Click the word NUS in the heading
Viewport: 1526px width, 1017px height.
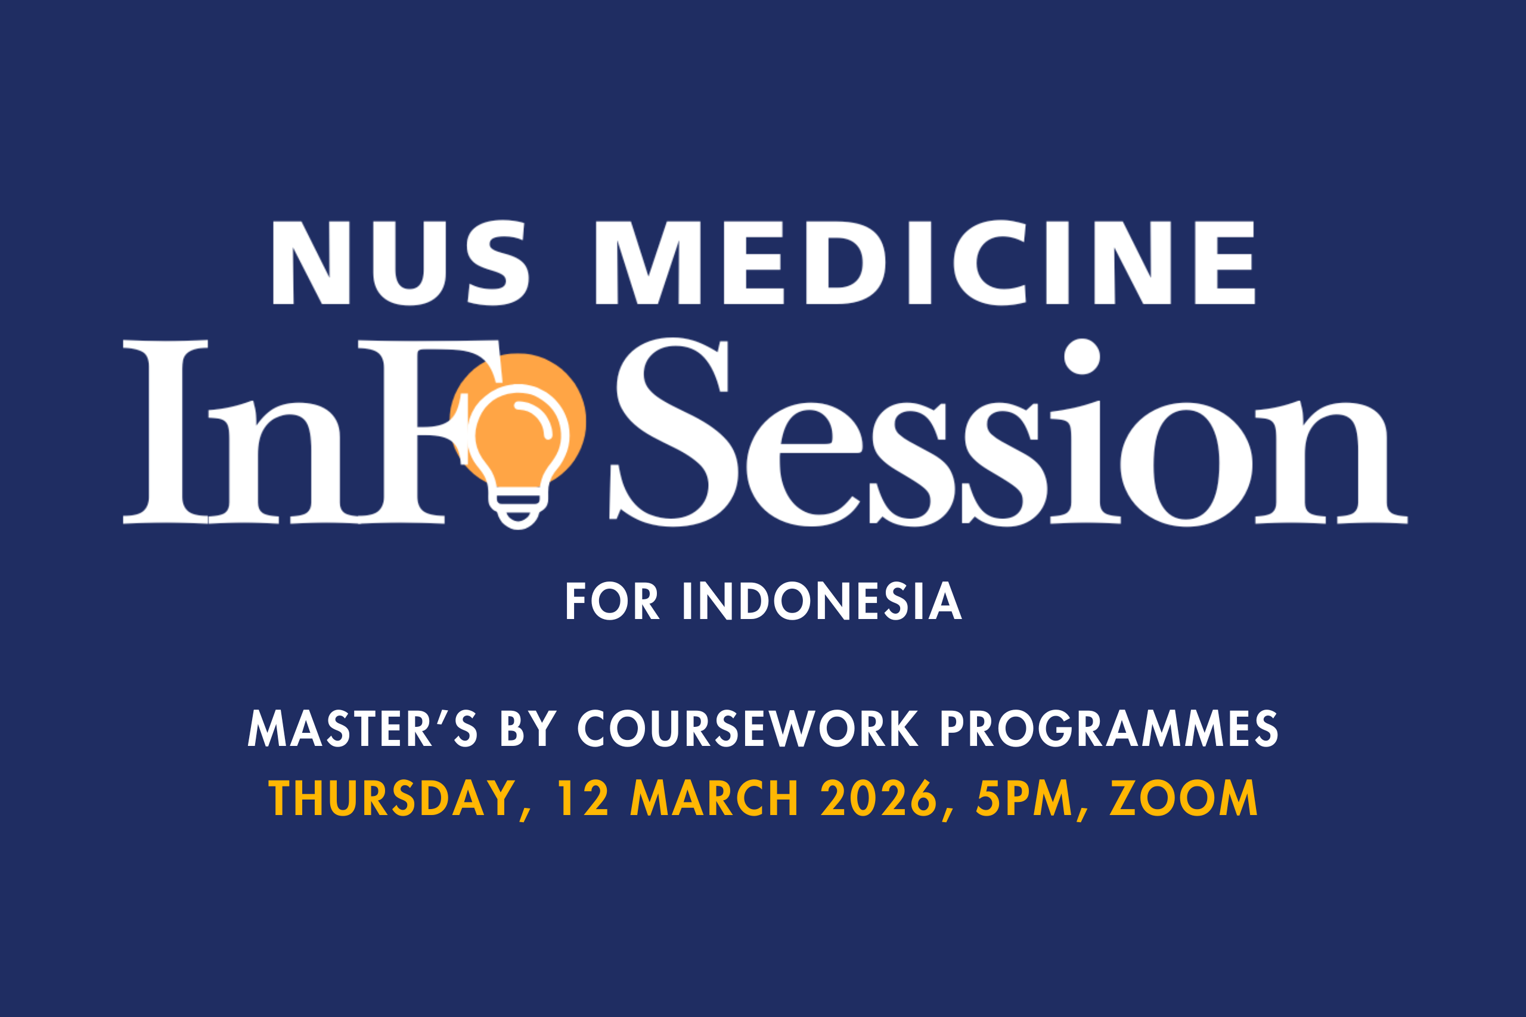click(x=401, y=262)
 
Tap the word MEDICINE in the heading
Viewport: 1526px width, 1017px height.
click(x=925, y=262)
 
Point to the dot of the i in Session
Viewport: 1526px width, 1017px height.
click(x=1081, y=356)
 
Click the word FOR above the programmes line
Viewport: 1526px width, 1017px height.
click(x=612, y=601)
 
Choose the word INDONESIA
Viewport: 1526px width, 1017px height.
click(x=821, y=601)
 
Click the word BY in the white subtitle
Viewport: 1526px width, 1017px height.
click(x=529, y=729)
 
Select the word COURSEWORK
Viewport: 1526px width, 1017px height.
click(x=748, y=729)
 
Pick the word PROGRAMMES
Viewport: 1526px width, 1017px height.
click(x=1109, y=729)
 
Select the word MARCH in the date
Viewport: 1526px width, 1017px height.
click(x=714, y=798)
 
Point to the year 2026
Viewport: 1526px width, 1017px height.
click(x=879, y=798)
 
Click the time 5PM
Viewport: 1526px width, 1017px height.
click(x=1025, y=798)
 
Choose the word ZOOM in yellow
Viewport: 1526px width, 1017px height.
click(x=1184, y=798)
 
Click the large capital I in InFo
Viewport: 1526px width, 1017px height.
click(x=166, y=431)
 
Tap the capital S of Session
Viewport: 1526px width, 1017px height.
click(x=673, y=432)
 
